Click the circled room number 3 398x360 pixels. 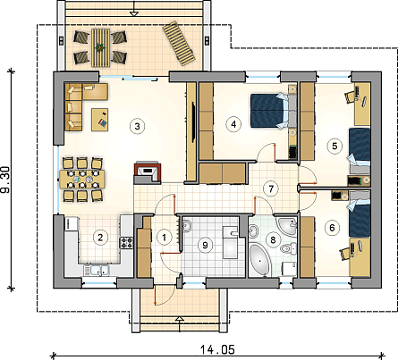[137, 126]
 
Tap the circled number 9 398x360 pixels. [205, 245]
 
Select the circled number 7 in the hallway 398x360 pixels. [271, 188]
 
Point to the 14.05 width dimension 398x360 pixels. [217, 349]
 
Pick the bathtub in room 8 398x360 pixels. [260, 260]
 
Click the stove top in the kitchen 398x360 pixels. [126, 242]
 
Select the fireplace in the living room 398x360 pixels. [148, 172]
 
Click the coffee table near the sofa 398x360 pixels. [100, 120]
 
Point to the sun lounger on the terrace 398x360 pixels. [179, 44]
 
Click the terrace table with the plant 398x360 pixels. [100, 47]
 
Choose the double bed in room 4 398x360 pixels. [269, 111]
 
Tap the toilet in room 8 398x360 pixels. [289, 248]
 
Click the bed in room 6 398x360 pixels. [360, 215]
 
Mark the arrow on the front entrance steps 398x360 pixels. [179, 324]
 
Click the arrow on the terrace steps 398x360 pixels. [134, 8]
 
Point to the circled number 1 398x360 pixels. [164, 238]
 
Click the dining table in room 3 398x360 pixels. [82, 180]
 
